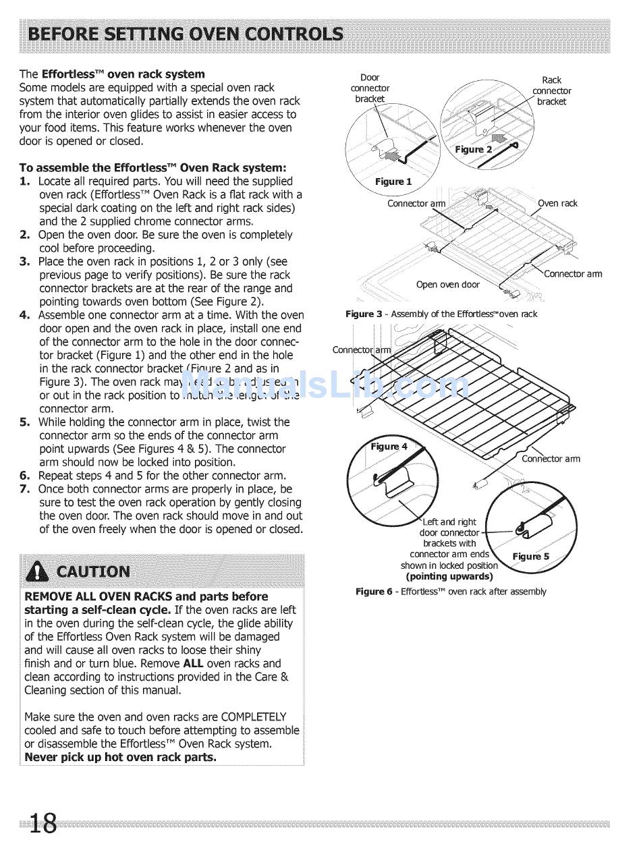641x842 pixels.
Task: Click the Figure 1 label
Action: point(393,181)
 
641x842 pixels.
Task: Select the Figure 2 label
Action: point(473,149)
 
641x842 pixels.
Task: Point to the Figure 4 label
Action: point(389,446)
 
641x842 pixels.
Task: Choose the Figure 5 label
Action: point(531,556)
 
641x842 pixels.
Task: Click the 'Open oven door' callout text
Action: point(448,284)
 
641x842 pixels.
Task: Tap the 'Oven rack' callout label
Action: point(557,203)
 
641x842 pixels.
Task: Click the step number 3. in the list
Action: point(25,262)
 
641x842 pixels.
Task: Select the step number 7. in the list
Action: point(25,489)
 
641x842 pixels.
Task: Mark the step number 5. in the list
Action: point(25,422)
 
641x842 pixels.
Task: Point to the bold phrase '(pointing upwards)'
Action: point(449,576)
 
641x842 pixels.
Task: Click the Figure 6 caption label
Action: point(374,592)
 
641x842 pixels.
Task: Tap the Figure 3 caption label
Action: point(363,314)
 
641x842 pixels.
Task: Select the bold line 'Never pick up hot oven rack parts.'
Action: point(121,757)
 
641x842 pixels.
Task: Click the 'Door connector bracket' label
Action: point(370,88)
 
